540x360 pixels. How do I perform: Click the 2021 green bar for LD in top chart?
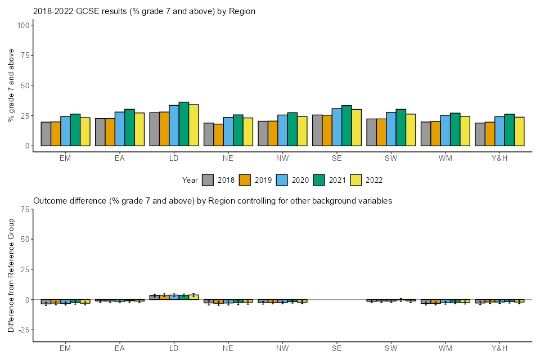click(184, 124)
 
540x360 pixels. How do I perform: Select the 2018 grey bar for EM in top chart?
click(46, 134)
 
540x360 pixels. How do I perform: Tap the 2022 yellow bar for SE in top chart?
click(357, 128)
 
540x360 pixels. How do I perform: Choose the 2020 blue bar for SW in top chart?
click(391, 129)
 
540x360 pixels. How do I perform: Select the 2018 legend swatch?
click(208, 180)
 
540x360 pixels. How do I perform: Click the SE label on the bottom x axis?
click(336, 349)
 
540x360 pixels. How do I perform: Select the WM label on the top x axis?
click(445, 158)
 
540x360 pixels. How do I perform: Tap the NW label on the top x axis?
click(282, 158)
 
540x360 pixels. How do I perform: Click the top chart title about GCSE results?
click(145, 11)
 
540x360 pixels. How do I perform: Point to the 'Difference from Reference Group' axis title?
click(11, 275)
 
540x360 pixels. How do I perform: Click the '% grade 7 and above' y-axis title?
click(11, 85)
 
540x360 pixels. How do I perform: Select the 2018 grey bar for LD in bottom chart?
click(154, 297)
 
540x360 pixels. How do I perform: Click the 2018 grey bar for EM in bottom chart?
click(46, 301)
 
